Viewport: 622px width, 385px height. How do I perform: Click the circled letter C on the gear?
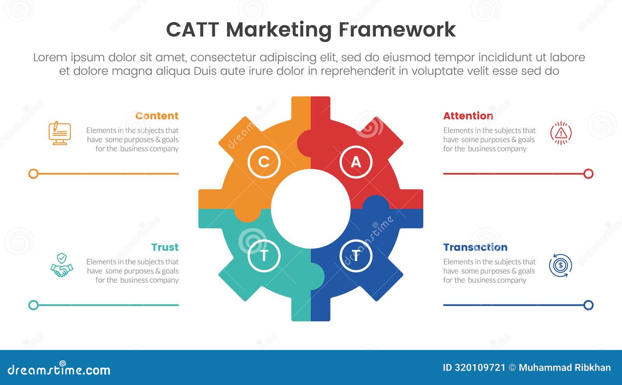pyautogui.click(x=264, y=162)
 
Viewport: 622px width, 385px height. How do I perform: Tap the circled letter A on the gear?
pyautogui.click(x=356, y=162)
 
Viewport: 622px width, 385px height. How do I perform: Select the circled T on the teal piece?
pyautogui.click(x=264, y=255)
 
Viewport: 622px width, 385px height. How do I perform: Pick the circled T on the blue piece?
pyautogui.click(x=356, y=255)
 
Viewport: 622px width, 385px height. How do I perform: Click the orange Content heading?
pyautogui.click(x=157, y=116)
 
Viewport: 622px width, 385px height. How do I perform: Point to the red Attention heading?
pyautogui.click(x=468, y=116)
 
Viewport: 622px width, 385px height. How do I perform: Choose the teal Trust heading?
pyautogui.click(x=165, y=247)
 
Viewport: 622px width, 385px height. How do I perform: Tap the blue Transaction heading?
pyautogui.click(x=475, y=247)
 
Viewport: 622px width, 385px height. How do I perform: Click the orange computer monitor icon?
pyautogui.click(x=60, y=133)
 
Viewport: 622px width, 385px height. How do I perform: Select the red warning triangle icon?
pyautogui.click(x=561, y=133)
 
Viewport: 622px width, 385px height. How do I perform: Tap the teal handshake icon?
pyautogui.click(x=61, y=265)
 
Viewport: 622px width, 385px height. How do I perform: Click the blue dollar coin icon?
pyautogui.click(x=560, y=266)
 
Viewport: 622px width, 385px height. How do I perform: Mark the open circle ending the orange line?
pyautogui.click(x=33, y=174)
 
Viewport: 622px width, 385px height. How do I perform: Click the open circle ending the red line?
pyautogui.click(x=589, y=174)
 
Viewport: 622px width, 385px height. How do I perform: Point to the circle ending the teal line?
pyautogui.click(x=33, y=305)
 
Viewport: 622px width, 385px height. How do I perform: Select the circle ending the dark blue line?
pyautogui.click(x=589, y=305)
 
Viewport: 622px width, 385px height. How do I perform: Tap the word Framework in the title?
pyautogui.click(x=397, y=30)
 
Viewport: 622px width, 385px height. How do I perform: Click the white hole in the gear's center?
pyautogui.click(x=311, y=209)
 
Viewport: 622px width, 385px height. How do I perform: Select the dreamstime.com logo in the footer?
pyautogui.click(x=59, y=369)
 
